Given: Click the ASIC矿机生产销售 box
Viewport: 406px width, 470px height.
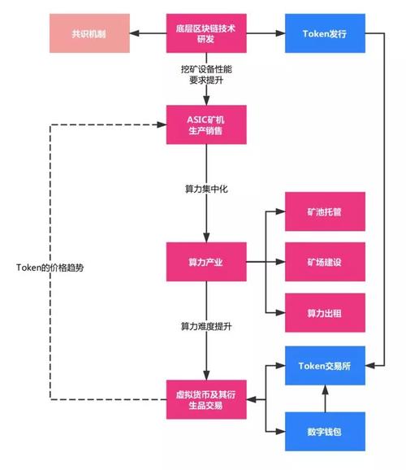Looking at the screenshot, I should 205,126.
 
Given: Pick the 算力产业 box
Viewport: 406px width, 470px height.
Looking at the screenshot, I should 205,262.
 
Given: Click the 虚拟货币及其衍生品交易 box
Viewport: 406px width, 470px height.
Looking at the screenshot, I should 205,399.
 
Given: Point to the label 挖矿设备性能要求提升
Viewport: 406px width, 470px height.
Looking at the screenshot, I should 205,76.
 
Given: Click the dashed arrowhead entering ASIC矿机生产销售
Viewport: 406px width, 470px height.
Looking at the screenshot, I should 162,126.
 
